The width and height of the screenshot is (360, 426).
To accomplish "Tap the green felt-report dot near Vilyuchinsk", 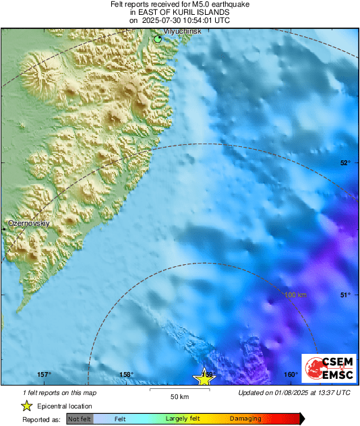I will tap(158, 39).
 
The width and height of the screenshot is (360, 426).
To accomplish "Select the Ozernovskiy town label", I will tap(27, 222).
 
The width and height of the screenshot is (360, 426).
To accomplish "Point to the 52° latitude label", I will tap(345, 162).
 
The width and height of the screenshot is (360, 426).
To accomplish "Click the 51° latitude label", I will tap(345, 295).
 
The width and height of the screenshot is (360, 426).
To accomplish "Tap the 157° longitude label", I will tap(44, 375).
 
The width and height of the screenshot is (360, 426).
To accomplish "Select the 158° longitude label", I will tap(126, 375).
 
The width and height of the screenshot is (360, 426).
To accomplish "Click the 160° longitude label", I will tap(291, 375).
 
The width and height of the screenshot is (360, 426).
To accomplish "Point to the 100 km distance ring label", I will tap(297, 295).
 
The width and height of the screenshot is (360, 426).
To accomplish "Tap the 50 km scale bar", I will tap(179, 391).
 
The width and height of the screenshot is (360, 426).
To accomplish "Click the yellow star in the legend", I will tap(26, 406).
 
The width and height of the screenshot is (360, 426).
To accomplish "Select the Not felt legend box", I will tap(80, 419).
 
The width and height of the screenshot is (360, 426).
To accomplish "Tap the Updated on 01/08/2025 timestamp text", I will tap(294, 392).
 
